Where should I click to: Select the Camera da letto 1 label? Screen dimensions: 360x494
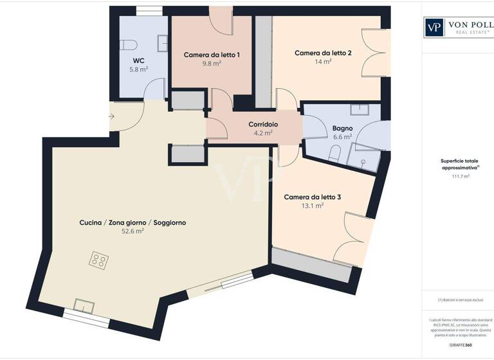point(212,55)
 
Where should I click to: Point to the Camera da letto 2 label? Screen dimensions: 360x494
point(323,53)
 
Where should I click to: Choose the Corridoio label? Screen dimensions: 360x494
point(263,125)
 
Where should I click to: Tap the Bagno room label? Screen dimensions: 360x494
point(342,128)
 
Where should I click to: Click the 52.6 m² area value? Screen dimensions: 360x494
point(133,231)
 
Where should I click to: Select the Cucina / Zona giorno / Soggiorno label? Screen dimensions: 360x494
point(133,222)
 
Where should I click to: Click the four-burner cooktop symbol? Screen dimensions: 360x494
point(99,260)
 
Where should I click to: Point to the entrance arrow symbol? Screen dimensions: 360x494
point(111,116)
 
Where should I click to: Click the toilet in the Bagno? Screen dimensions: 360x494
point(334,153)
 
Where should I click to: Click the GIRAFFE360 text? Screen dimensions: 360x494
point(460,345)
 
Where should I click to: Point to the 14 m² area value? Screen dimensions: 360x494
point(323,62)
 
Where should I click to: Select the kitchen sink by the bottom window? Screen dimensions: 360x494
point(84,304)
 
